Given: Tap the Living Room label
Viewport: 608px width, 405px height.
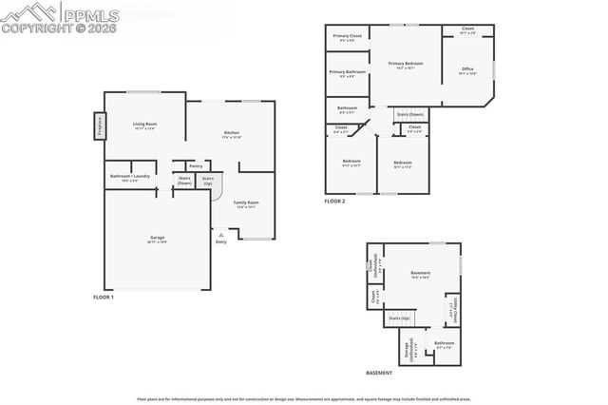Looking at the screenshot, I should click(144, 125).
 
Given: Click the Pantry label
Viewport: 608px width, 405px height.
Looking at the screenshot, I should click(195, 165).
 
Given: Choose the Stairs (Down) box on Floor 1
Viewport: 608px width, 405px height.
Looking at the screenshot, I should click(184, 180).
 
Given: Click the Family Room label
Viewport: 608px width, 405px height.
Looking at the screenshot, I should click(247, 202).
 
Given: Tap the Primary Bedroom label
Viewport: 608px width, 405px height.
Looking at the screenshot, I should click(405, 64).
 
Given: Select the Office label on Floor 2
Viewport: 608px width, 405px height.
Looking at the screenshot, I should click(467, 69).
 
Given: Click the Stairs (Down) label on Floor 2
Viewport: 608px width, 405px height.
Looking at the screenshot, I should click(408, 114).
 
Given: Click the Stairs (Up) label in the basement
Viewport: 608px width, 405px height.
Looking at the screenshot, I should click(400, 318).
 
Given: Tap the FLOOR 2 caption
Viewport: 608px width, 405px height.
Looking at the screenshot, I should click(334, 201).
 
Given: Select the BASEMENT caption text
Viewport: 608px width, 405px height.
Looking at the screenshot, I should click(379, 374).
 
